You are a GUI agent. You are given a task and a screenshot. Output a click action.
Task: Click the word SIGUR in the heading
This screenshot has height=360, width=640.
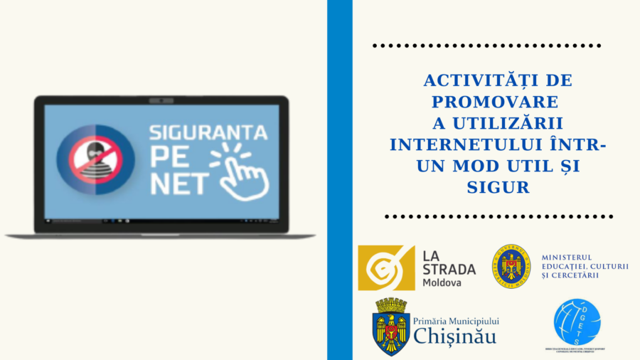coord(498,188)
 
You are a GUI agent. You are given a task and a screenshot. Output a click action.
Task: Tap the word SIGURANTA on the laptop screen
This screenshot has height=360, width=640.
coord(208,132)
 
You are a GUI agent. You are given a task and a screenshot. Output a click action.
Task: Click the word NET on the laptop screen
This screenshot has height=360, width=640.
coord(178,184)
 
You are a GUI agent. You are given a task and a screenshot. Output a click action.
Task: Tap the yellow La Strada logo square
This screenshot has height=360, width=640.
coord(386,268)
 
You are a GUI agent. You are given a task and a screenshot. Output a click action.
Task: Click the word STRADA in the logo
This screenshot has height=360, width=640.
coord(449,269)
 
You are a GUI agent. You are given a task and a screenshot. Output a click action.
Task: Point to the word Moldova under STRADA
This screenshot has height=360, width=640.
coord(442,282)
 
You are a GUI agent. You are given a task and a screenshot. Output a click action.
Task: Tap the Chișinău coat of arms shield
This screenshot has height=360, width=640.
coord(390,327)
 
